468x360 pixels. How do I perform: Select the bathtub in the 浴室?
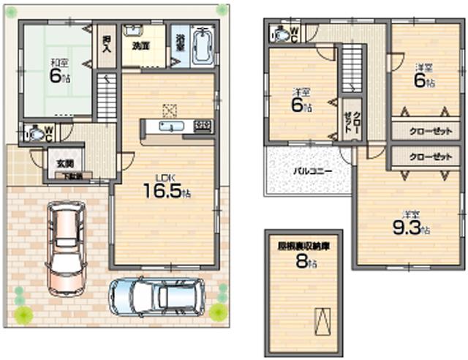tap(200, 45)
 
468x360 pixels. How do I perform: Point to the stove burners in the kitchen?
tap(203, 126)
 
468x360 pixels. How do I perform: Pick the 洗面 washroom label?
tap(141, 45)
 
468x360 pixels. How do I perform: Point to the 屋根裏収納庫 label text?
tap(303, 247)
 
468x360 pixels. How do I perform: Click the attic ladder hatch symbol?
tap(322, 320)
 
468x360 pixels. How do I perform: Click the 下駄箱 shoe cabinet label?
tap(72, 176)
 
